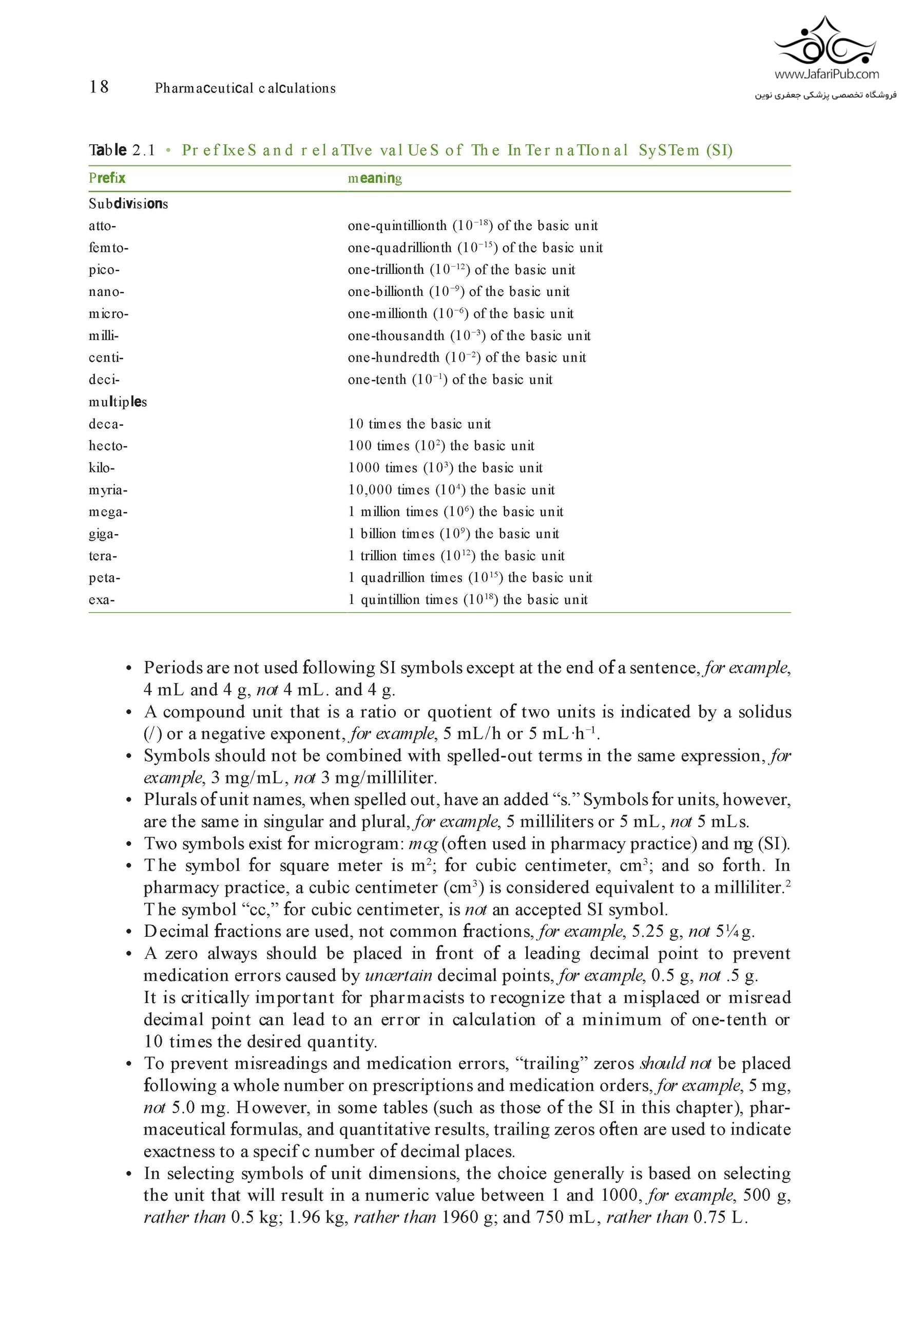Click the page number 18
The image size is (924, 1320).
[x=99, y=87]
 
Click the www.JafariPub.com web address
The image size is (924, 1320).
[x=826, y=74]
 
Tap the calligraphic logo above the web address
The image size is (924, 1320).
[x=826, y=41]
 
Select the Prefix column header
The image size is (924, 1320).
[x=107, y=178]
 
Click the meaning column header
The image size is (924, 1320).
[x=375, y=178]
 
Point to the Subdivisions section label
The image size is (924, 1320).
[x=128, y=203]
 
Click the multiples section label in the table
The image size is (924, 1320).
[x=118, y=402]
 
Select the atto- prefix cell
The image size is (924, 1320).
[x=102, y=226]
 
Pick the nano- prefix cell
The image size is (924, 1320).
[x=106, y=292]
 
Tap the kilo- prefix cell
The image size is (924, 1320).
[x=102, y=468]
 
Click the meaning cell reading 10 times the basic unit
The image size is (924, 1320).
[x=419, y=424]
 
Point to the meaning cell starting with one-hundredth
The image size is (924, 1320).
[x=467, y=357]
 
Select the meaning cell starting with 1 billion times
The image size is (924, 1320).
[x=453, y=534]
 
